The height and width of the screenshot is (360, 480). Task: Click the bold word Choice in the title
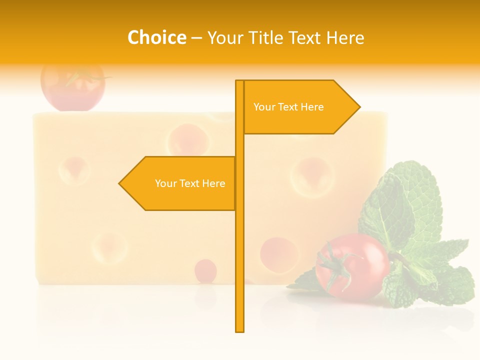click(156, 37)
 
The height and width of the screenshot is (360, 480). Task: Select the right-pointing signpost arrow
click(300, 107)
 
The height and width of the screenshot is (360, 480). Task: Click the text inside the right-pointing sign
click(288, 107)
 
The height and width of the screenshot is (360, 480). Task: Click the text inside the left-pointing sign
click(190, 183)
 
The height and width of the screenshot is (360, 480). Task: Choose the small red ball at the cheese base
click(205, 270)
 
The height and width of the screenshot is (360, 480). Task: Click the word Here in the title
click(345, 37)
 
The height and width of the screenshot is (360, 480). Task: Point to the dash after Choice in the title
click(196, 38)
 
